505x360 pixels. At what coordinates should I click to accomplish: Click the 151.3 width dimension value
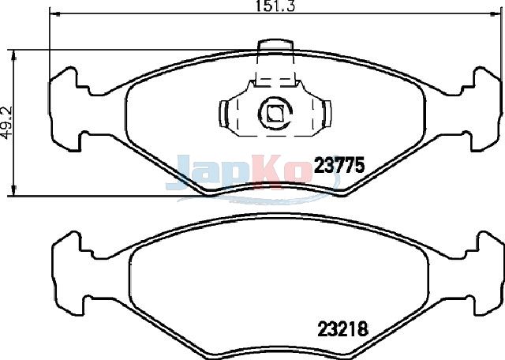coord(275,6)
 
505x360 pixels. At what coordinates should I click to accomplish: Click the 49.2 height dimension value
coord(6,123)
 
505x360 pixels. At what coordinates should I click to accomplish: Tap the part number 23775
coord(339,165)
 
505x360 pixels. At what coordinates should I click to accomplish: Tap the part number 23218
coord(342,329)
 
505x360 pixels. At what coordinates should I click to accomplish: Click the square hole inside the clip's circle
coord(275,113)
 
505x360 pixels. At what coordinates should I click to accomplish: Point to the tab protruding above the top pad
coord(275,46)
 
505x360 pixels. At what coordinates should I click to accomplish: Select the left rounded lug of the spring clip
coord(223,113)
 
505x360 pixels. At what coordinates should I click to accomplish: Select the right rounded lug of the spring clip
coord(327,113)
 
